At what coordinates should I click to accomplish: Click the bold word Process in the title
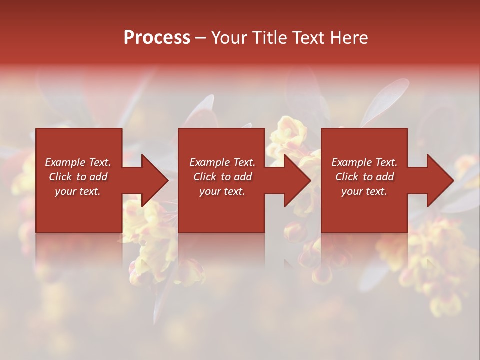pos(157,38)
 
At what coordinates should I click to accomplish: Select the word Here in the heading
pos(348,38)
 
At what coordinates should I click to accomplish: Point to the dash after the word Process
pos(201,38)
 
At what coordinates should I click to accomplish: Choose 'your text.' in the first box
pos(78,191)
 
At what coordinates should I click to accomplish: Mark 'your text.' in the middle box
pos(222,191)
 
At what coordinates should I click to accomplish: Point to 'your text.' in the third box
pos(364,191)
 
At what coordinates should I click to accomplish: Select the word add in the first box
pos(98,177)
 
